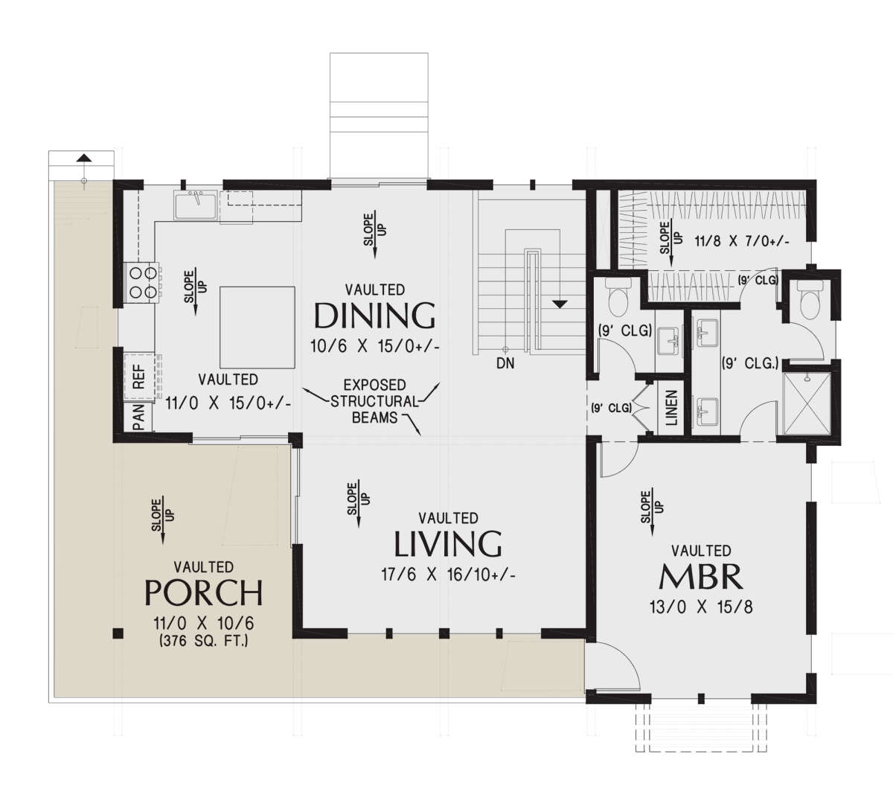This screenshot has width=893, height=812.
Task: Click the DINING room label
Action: pos(374,316)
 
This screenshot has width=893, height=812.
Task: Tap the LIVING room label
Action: pos(448,543)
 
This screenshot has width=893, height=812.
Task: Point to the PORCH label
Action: pos(203,592)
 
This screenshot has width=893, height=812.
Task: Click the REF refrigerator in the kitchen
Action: pos(139,377)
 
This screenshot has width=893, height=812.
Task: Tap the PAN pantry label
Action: pos(139,417)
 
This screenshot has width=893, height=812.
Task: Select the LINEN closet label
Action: pos(671,407)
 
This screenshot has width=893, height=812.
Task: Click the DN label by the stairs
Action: pos(505,363)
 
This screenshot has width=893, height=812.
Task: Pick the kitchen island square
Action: pos(257,327)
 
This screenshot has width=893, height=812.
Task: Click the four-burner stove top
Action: pos(143,281)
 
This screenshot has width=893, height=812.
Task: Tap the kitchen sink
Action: pos(196,205)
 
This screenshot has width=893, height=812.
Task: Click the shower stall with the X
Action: pos(807,403)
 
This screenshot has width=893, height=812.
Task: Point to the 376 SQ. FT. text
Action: pos(203,642)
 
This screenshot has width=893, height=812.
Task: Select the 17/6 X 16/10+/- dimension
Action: pos(448,575)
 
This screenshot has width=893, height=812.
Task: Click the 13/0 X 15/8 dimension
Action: pos(701,607)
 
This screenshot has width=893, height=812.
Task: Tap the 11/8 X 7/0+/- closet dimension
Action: pos(742,241)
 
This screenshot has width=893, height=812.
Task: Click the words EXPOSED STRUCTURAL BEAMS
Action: pos(374,401)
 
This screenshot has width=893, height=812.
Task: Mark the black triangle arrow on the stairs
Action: pos(560,304)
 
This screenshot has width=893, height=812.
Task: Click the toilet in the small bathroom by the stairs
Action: pos(618,297)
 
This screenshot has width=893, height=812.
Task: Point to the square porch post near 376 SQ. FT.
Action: pos(118,633)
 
